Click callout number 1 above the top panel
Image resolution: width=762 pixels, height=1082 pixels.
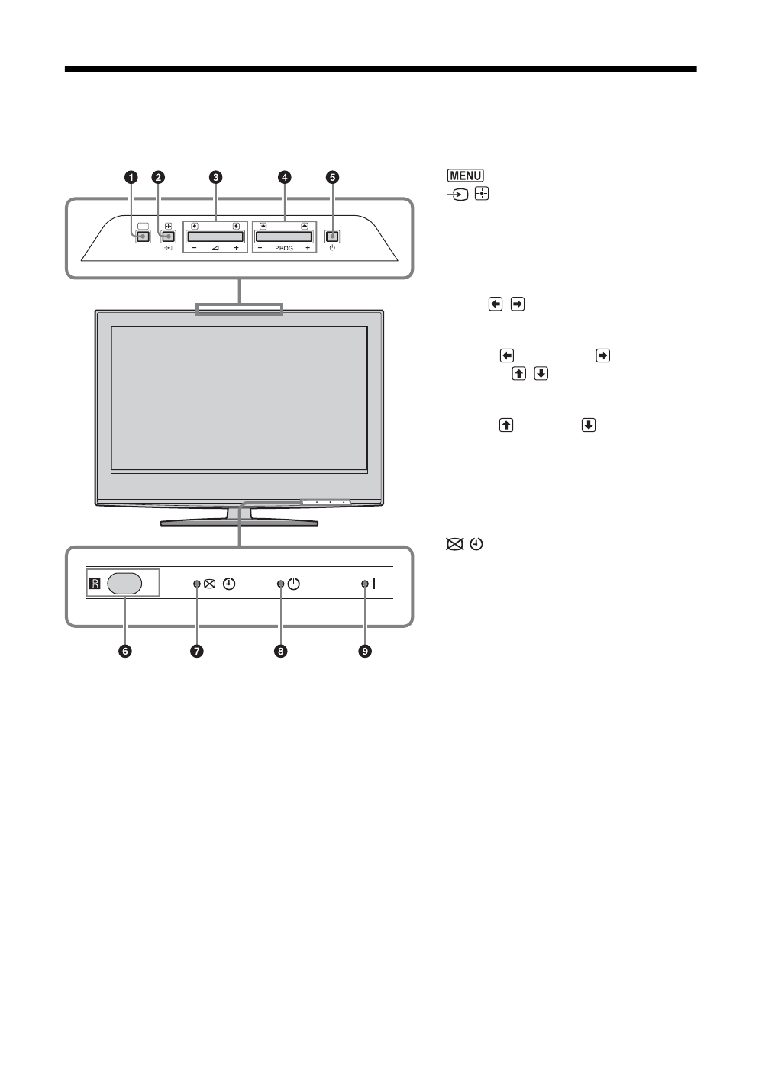click(x=131, y=177)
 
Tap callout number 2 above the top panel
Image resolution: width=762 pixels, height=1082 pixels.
click(x=158, y=177)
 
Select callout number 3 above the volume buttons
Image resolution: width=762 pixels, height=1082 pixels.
click(x=216, y=177)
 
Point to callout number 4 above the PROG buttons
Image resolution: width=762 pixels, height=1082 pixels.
click(x=284, y=177)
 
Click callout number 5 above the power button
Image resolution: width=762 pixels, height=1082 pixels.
click(x=332, y=177)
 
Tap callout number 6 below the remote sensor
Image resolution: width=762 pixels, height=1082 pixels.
click(x=124, y=651)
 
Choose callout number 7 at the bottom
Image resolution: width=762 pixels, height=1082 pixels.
click(x=197, y=651)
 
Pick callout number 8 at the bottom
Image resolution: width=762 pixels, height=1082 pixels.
click(x=281, y=651)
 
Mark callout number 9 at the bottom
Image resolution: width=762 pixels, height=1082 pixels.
click(x=366, y=651)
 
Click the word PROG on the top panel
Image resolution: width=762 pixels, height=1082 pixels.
click(x=284, y=249)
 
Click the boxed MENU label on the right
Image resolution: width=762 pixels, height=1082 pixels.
click(x=466, y=176)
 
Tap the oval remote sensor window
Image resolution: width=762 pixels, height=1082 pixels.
click(x=125, y=584)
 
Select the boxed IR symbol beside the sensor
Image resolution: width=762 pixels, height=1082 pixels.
click(x=95, y=584)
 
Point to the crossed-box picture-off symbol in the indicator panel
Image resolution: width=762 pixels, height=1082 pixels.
click(x=210, y=584)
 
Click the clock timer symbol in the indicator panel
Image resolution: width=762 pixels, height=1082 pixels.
click(x=230, y=584)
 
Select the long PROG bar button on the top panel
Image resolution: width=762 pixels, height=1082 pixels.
click(x=284, y=237)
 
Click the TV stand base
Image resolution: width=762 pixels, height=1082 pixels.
click(x=239, y=522)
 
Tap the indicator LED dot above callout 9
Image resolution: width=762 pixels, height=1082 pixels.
click(x=365, y=584)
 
